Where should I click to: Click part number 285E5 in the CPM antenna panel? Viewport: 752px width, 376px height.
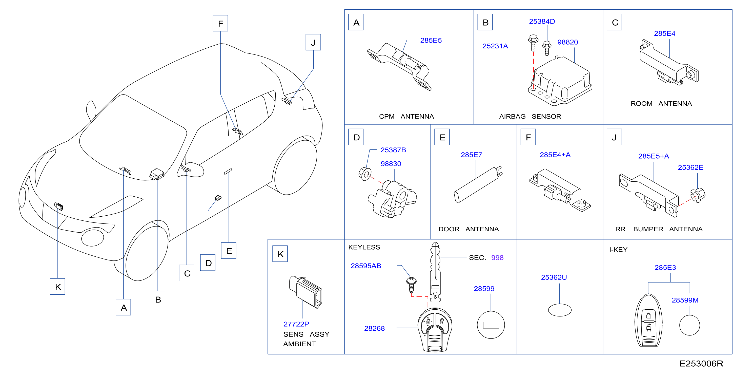(x=431, y=40)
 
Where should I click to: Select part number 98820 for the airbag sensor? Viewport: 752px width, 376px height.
(x=567, y=42)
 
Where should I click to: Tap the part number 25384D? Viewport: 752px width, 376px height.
(x=542, y=21)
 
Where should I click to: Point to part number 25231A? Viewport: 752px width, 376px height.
(x=495, y=46)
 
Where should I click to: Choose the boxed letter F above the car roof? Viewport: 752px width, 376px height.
(x=220, y=23)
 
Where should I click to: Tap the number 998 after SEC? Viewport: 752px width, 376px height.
(x=497, y=258)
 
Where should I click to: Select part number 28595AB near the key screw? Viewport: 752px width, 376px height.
(x=366, y=266)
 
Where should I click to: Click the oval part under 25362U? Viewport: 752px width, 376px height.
(x=560, y=310)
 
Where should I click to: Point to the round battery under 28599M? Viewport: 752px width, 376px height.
(x=689, y=325)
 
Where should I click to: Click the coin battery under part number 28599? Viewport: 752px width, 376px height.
(x=491, y=325)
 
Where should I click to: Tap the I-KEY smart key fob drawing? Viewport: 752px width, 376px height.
(x=648, y=321)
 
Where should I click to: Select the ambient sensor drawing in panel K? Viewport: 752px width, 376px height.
(x=306, y=292)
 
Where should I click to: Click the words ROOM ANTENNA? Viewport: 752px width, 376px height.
(x=661, y=103)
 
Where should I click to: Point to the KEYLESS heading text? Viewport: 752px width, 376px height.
(x=364, y=247)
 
